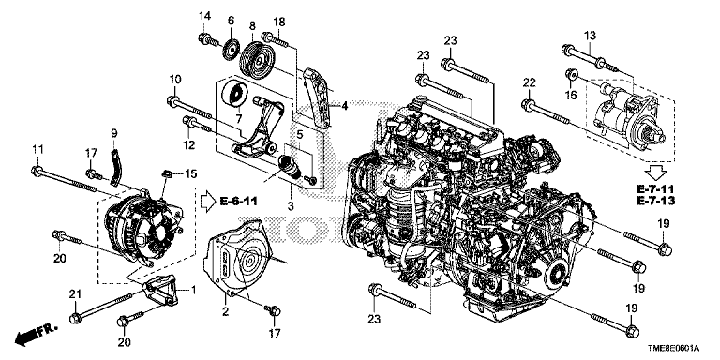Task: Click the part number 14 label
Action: point(204,16)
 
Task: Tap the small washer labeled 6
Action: point(232,49)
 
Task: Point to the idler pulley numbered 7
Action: point(235,95)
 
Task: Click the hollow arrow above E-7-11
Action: point(655,172)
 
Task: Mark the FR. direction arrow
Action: point(37,333)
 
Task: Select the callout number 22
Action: point(529,82)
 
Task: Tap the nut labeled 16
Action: point(571,74)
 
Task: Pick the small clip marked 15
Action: point(168,174)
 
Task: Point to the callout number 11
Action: point(37,149)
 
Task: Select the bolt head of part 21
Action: point(75,317)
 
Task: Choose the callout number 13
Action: point(590,35)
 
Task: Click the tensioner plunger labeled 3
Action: point(291,167)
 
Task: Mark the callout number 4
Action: point(344,107)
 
